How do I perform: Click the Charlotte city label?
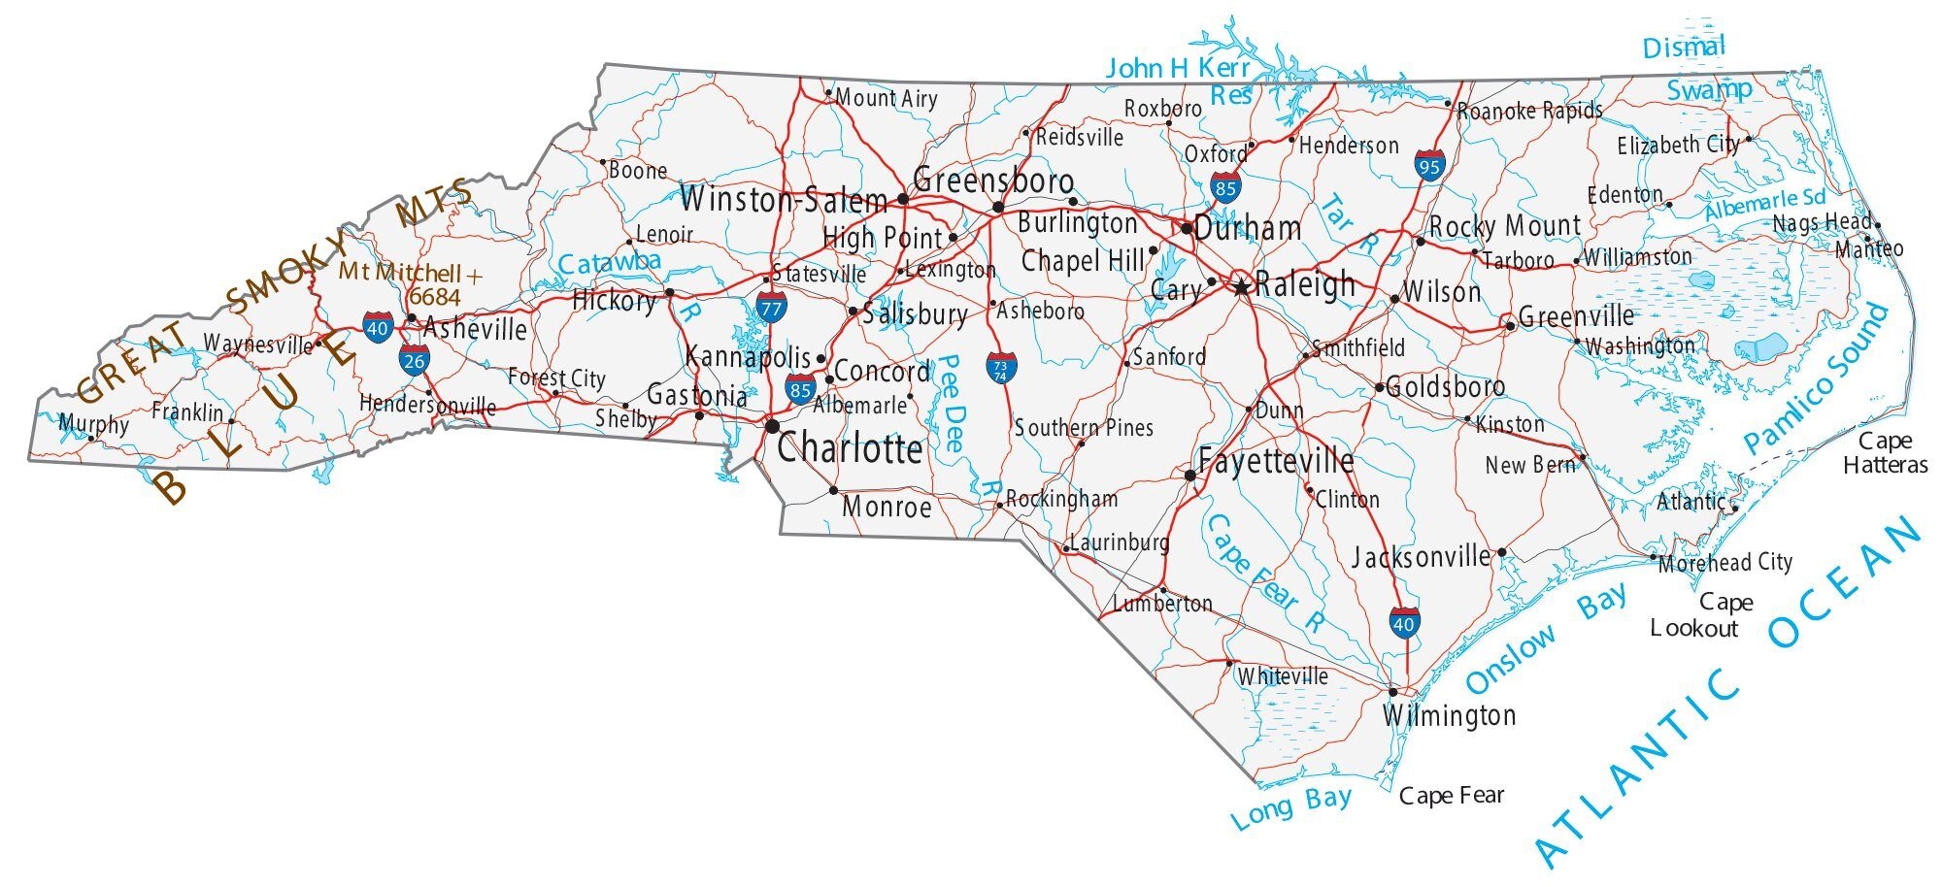click(850, 449)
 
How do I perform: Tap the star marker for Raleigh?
click(1241, 287)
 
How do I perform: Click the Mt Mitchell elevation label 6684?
click(433, 296)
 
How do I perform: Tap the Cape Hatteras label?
click(1885, 453)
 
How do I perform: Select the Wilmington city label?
click(1449, 716)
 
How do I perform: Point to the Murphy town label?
click(93, 424)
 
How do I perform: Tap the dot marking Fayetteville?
click(1189, 475)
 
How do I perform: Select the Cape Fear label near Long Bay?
click(1451, 797)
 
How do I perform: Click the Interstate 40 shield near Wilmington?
click(1403, 623)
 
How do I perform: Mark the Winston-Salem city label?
click(783, 201)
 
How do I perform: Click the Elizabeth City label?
click(1677, 146)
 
